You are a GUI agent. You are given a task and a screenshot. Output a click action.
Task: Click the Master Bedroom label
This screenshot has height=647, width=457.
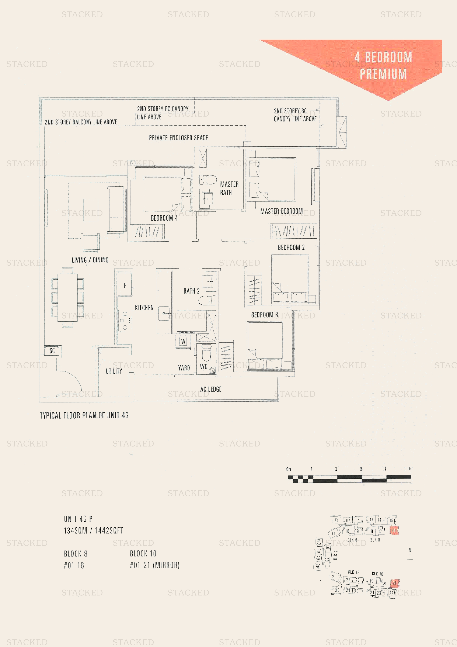point(281,211)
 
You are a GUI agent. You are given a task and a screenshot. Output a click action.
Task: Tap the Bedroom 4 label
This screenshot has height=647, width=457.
point(164,218)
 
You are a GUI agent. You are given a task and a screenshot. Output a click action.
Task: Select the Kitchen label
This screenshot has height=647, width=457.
point(144,307)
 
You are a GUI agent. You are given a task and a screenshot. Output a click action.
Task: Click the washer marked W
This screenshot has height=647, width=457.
point(183,341)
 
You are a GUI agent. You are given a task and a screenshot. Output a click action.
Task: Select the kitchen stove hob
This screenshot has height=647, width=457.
point(125,320)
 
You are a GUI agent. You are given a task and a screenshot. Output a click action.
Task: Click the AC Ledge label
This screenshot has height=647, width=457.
point(211,389)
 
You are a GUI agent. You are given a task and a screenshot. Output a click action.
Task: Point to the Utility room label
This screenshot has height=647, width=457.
point(114,371)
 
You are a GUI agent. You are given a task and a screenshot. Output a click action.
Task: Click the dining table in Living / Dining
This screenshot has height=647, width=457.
point(68,297)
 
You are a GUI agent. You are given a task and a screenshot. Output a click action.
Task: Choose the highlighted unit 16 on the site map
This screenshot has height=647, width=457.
point(394,530)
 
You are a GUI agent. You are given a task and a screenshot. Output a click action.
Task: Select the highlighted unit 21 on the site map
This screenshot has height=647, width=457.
point(395,583)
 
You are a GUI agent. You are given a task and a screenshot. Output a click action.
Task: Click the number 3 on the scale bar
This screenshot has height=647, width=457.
point(361,469)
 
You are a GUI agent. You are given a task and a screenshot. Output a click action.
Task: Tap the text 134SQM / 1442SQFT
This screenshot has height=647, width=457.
point(93,531)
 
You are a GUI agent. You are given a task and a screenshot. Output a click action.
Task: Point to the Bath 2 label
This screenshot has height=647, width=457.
point(191,291)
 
